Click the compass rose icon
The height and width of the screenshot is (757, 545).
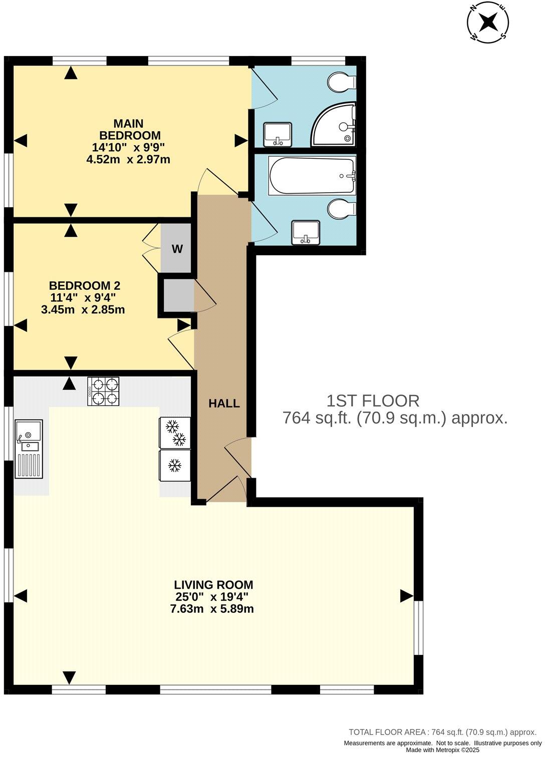(488, 23)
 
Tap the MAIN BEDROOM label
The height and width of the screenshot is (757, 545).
(129, 129)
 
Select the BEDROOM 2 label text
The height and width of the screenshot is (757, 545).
(84, 286)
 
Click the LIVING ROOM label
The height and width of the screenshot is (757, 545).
(213, 585)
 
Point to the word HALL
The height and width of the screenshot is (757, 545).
(224, 404)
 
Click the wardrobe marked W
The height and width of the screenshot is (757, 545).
(177, 249)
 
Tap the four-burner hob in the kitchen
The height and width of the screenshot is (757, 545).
(104, 391)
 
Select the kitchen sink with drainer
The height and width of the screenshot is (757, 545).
(29, 449)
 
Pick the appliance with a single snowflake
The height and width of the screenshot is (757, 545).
(175, 466)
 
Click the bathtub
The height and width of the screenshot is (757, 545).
(312, 176)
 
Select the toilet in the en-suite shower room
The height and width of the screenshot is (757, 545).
(341, 82)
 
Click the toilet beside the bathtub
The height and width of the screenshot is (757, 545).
(342, 209)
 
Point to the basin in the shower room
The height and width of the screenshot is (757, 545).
(278, 134)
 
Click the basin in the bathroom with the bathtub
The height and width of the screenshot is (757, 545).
(306, 233)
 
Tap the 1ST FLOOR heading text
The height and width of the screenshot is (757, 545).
(373, 401)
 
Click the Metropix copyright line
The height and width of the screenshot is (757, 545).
(442, 750)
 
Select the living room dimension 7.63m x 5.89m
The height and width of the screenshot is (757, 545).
(212, 609)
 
